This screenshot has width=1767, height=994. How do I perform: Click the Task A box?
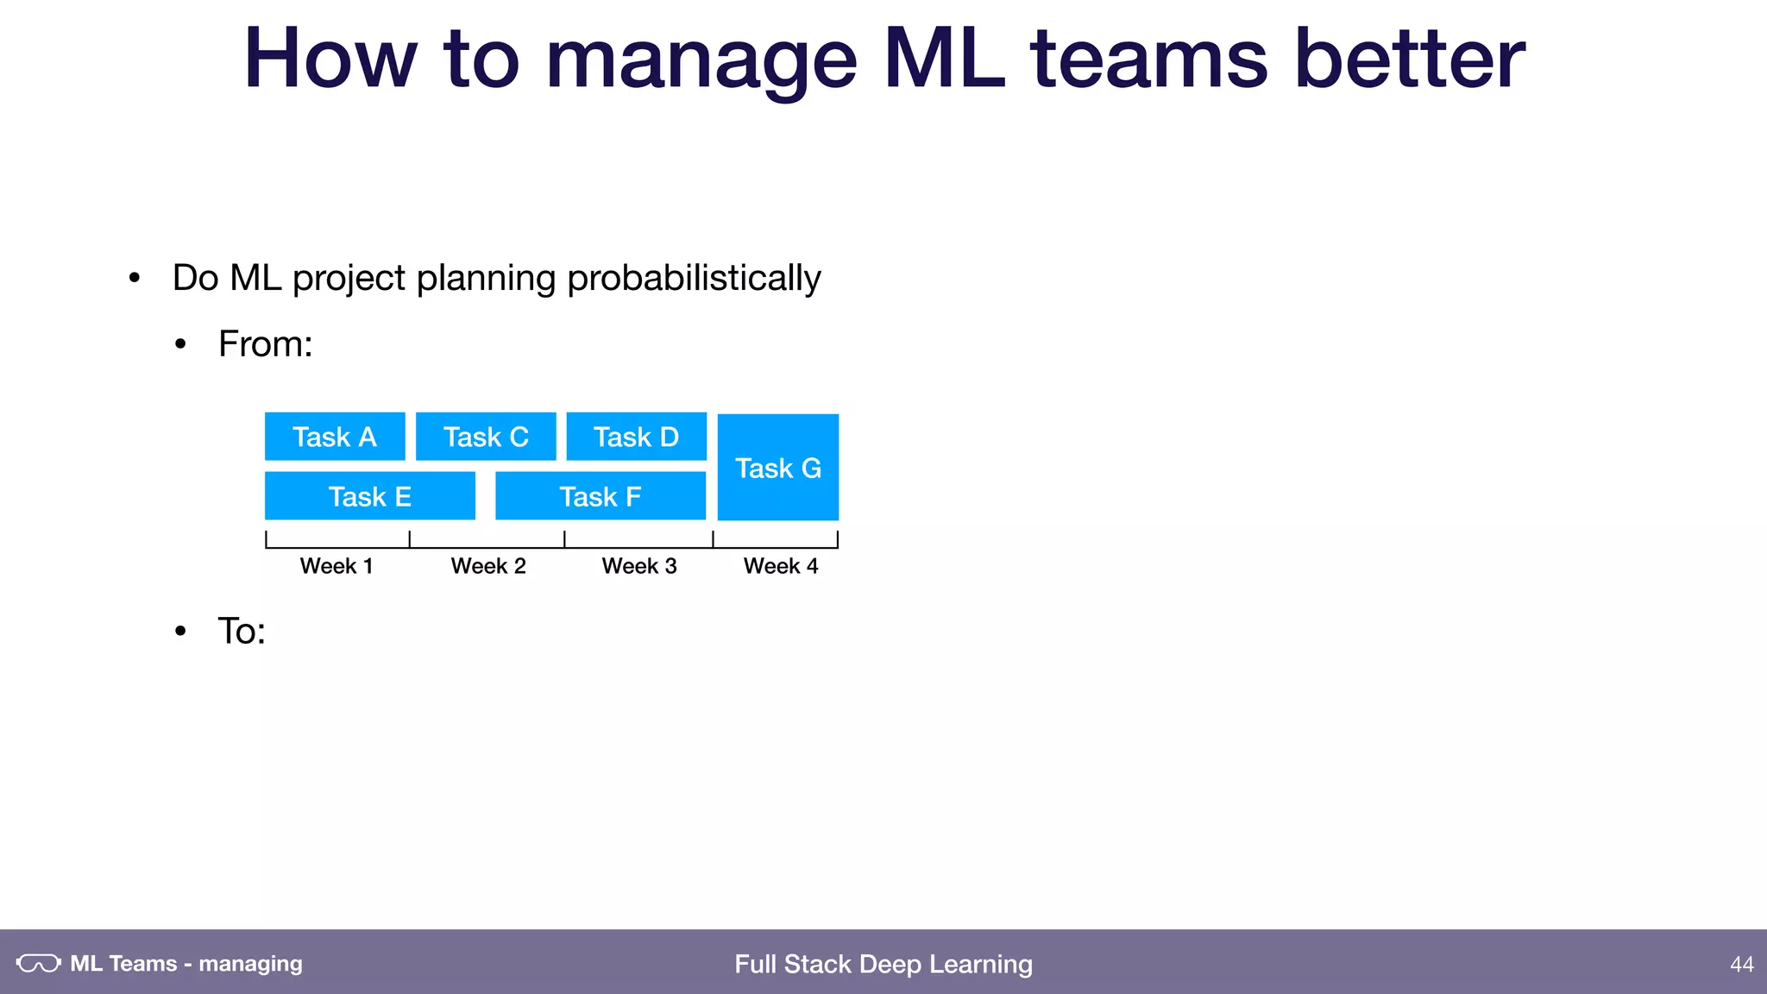point(335,437)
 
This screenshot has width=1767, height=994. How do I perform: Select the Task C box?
point(486,437)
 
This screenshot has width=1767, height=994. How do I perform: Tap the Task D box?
point(637,437)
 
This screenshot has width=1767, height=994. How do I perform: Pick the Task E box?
point(370,496)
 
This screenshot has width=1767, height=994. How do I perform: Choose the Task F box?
point(601,496)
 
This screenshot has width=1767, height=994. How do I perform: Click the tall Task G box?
point(778,468)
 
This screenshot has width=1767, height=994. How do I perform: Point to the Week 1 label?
point(336,566)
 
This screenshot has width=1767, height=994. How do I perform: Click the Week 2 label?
point(488,566)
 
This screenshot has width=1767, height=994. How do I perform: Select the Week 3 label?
point(639,566)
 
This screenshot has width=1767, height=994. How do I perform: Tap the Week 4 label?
point(781,566)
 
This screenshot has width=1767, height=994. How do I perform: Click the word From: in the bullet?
point(266,344)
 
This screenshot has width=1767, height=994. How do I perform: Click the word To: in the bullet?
point(242,632)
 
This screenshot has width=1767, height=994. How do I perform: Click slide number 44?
point(1741,964)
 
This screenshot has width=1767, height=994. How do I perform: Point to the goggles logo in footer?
point(39,963)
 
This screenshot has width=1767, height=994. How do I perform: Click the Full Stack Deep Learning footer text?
point(883,964)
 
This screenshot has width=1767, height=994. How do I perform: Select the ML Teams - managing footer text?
point(186,963)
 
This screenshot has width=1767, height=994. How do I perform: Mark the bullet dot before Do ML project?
point(134,279)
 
